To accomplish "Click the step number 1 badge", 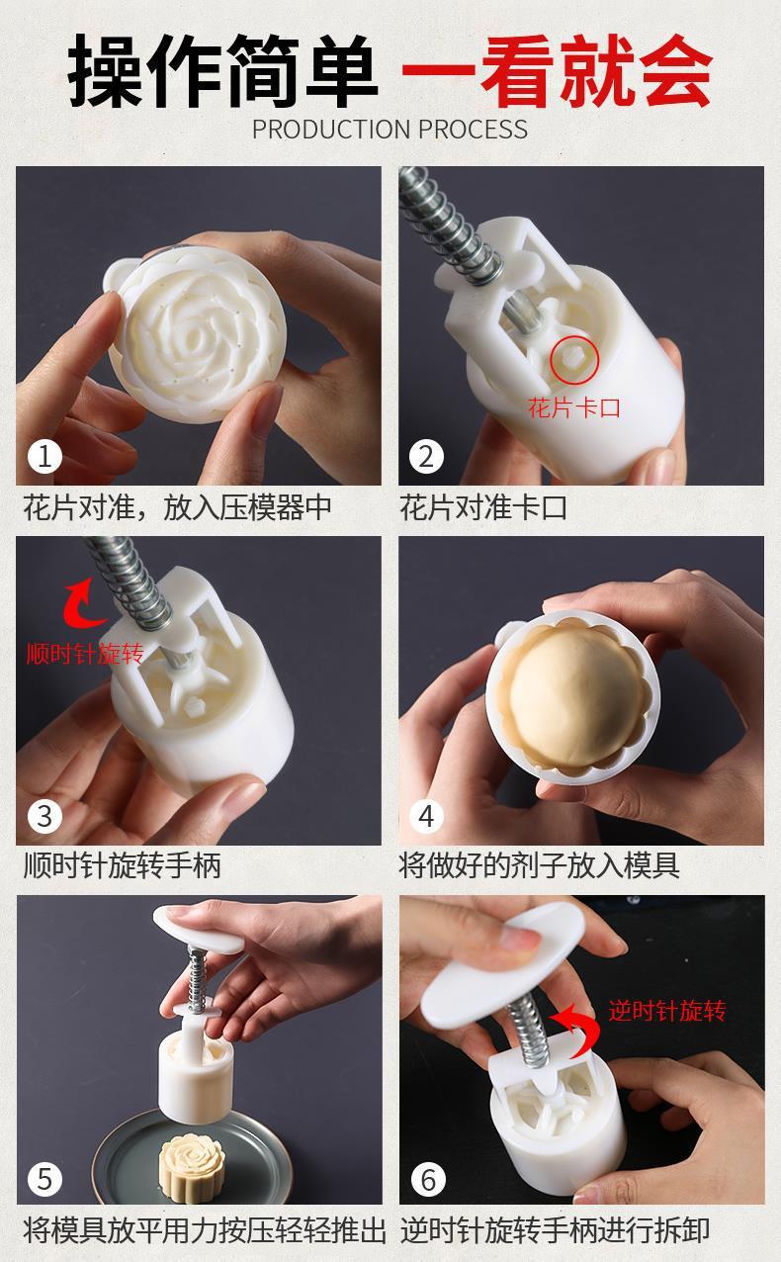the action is [x=44, y=457].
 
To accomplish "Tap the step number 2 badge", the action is [x=426, y=457].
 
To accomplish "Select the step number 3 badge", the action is [x=44, y=816].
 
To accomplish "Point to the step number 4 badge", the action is [x=426, y=816].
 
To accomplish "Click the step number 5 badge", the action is [x=44, y=1179].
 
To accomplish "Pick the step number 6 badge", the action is [x=428, y=1179].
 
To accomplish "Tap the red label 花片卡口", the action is [x=573, y=407].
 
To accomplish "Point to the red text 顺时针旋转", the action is [x=85, y=654].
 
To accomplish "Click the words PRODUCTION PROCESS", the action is [x=390, y=130].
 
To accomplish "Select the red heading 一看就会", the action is [x=557, y=70].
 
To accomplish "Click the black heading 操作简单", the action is [x=222, y=70].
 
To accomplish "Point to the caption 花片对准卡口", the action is [x=483, y=507].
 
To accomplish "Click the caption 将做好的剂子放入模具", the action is [x=540, y=866].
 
